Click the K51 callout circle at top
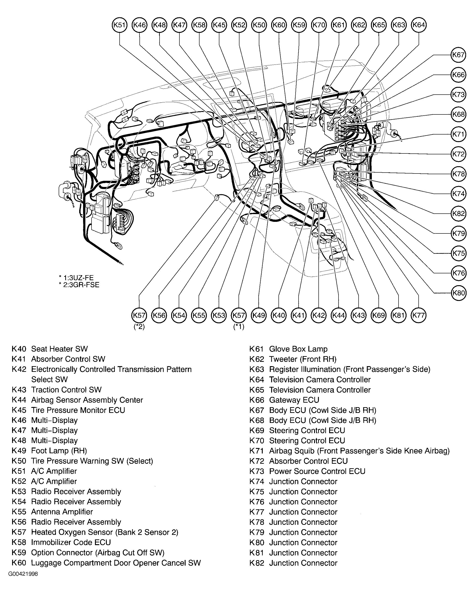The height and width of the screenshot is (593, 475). tap(120, 25)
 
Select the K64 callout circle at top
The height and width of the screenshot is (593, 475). tap(419, 25)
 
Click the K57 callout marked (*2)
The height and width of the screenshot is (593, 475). tap(139, 315)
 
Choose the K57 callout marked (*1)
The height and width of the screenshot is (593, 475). tap(239, 315)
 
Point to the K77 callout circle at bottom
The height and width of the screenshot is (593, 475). tap(419, 315)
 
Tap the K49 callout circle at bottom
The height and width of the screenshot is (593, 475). tap(259, 315)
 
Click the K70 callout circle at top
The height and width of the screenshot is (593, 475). tap(319, 25)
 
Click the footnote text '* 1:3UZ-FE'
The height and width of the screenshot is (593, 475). tap(76, 277)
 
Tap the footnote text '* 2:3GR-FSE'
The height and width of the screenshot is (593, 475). tap(79, 285)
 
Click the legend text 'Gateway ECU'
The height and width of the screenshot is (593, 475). tap(294, 400)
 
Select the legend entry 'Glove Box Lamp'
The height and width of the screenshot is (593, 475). tap(298, 349)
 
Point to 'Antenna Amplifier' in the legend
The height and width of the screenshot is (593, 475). tap(62, 512)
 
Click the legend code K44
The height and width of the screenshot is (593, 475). tap(19, 400)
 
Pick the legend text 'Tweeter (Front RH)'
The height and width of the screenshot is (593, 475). tap(303, 359)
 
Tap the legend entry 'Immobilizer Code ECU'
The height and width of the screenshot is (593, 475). tap(71, 542)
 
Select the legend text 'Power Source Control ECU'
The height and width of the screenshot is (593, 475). tap(317, 471)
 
